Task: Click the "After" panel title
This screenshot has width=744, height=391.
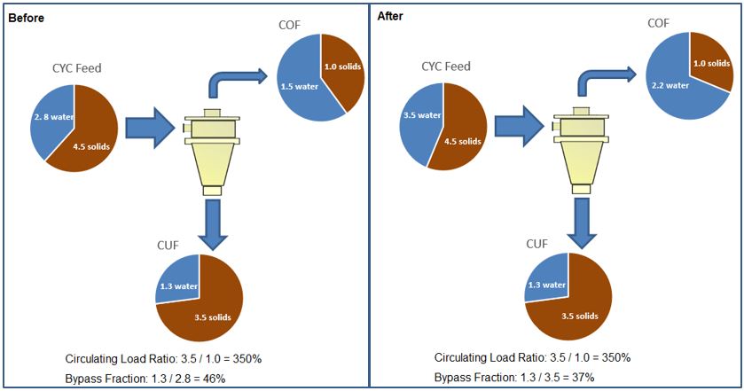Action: point(390,16)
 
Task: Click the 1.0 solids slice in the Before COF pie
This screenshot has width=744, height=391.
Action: point(341,66)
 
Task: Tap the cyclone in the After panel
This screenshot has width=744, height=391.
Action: point(581,151)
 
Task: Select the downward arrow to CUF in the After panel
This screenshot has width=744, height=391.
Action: point(580,223)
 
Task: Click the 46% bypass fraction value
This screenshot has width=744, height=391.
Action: point(214,379)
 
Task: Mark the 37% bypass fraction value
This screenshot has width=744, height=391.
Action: point(583,379)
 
